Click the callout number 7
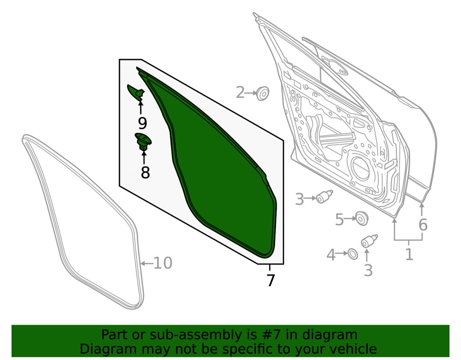click(x=271, y=280)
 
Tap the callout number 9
click(x=142, y=123)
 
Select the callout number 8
click(x=145, y=172)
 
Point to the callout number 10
click(x=163, y=263)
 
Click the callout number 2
click(x=240, y=93)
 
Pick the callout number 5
click(x=340, y=219)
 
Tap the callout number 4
click(x=331, y=254)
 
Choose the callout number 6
click(x=423, y=225)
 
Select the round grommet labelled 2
click(x=263, y=94)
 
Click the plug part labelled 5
click(x=361, y=218)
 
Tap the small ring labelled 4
click(x=353, y=254)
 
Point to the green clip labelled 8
click(x=143, y=142)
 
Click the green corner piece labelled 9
click(x=136, y=92)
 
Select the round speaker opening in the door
click(x=361, y=168)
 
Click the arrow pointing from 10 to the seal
click(x=147, y=263)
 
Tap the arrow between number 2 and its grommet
click(x=251, y=93)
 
